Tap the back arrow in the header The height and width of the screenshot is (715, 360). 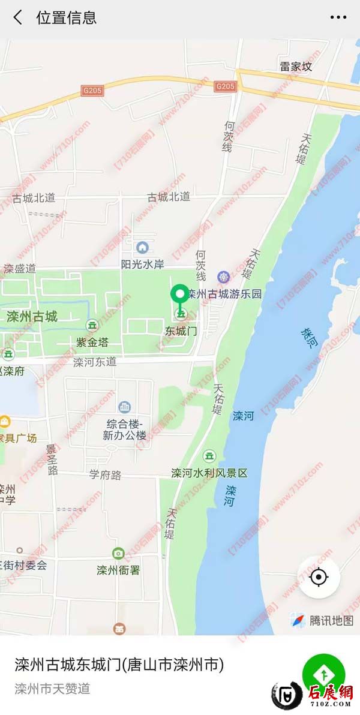tap(18, 17)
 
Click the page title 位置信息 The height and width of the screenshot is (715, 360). tap(67, 17)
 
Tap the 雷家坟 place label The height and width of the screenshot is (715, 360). tap(296, 67)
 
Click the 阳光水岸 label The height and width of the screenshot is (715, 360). tap(142, 264)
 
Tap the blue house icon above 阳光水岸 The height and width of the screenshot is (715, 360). tap(142, 247)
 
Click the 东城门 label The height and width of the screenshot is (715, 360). tap(181, 331)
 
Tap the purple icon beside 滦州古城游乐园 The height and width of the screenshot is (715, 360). tap(223, 277)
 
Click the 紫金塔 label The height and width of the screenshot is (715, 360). tap(92, 342)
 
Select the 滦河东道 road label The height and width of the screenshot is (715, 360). tap(95, 362)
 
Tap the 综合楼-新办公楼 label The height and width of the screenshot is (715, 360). tap(124, 429)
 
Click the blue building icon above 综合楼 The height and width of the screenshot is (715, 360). tap(125, 407)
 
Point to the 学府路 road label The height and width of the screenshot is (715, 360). tap(105, 475)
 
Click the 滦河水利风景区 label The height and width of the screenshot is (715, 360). tap(209, 473)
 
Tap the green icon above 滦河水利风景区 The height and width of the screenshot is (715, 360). tap(209, 456)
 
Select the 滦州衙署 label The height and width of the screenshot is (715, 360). tap(118, 569)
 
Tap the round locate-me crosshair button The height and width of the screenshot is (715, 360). tap(319, 577)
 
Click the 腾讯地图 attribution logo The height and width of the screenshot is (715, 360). tap(322, 620)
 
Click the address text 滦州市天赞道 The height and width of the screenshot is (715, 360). tap(52, 688)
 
